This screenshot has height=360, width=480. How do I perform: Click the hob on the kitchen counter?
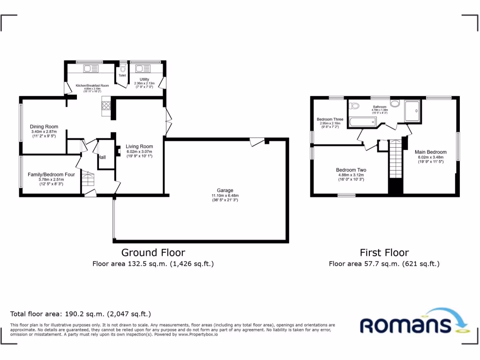[106, 105]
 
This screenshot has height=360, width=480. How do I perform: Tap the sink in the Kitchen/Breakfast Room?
[90, 69]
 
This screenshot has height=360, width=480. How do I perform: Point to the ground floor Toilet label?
[122, 75]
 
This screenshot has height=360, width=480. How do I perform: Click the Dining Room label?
[44, 127]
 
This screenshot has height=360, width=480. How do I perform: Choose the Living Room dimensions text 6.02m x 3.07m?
[140, 151]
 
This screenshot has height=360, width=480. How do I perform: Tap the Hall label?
[102, 157]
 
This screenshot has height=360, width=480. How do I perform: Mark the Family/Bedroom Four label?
[51, 174]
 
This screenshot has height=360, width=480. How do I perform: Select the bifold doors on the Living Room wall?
[167, 122]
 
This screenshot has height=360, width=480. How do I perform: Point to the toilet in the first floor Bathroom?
[354, 106]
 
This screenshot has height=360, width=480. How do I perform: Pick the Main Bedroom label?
[430, 152]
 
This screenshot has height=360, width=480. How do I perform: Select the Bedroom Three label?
[330, 120]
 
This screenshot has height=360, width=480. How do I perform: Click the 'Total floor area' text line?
[81, 314]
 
